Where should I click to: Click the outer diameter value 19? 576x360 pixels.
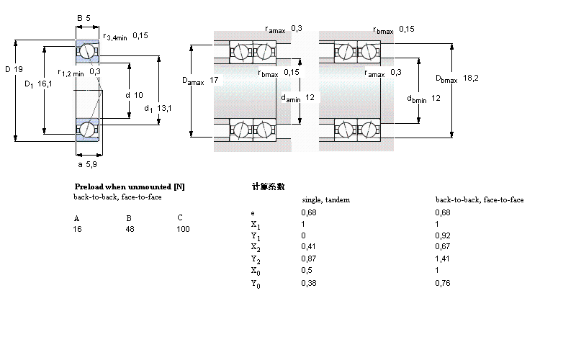pyautogui.click(x=19, y=69)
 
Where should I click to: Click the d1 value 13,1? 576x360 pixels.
pyautogui.click(x=165, y=108)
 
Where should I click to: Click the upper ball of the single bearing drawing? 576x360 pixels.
pyautogui.click(x=86, y=52)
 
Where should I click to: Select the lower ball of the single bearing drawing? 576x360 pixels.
pyautogui.click(x=86, y=130)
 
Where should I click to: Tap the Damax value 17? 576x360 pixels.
pyautogui.click(x=214, y=80)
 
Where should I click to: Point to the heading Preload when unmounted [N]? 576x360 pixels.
pyautogui.click(x=130, y=186)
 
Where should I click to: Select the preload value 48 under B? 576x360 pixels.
pyautogui.click(x=130, y=229)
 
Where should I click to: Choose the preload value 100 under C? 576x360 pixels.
pyautogui.click(x=183, y=229)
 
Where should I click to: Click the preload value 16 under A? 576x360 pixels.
pyautogui.click(x=77, y=229)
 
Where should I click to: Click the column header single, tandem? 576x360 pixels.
pyautogui.click(x=325, y=199)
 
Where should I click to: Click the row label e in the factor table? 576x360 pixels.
pyautogui.click(x=252, y=213)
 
